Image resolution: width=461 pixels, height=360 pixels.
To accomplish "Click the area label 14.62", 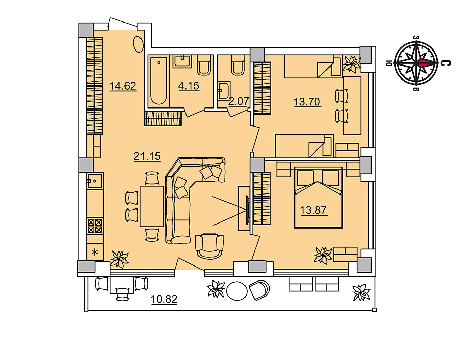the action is [123, 86].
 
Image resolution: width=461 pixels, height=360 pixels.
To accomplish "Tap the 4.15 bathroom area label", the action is [189, 86].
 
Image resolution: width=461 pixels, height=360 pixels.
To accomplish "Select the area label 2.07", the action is [238, 101].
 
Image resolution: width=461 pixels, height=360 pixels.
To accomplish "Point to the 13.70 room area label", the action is [307, 102].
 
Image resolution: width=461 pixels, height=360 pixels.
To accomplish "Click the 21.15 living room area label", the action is [147, 156].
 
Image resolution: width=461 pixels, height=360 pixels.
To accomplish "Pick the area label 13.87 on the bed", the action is [313, 210].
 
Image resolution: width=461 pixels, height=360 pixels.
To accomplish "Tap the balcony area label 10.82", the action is [164, 299].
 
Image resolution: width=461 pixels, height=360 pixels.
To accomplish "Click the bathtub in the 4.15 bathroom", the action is [159, 81].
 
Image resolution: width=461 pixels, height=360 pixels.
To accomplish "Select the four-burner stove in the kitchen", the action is [95, 226].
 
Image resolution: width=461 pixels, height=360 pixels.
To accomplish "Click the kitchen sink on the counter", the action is [95, 181].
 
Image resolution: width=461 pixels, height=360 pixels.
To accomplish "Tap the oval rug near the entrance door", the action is [138, 44].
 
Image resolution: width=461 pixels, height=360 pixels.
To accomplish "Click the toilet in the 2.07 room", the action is [237, 65].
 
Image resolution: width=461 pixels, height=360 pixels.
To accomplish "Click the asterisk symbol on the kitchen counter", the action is [94, 253].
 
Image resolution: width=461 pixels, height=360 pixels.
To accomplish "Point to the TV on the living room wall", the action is [247, 210].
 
